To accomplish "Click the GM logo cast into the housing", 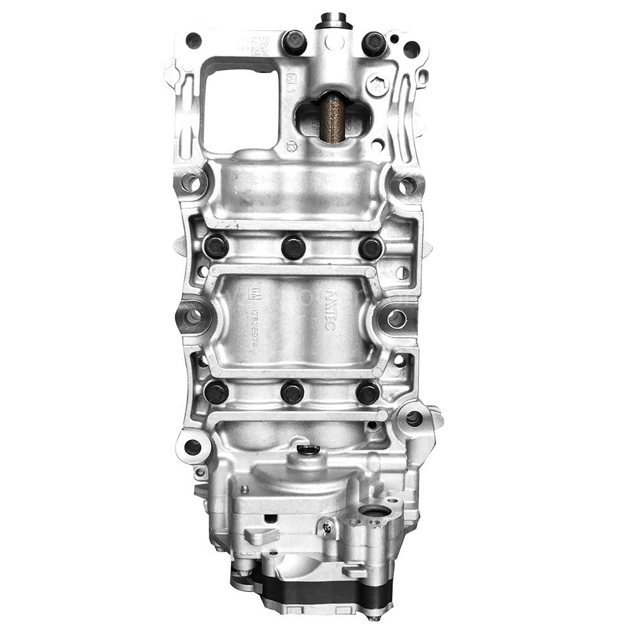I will click(255, 293).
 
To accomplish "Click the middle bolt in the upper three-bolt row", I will click(293, 247).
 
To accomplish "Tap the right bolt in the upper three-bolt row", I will click(370, 247).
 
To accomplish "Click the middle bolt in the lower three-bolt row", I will click(292, 392).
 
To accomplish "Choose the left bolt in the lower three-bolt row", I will click(216, 392).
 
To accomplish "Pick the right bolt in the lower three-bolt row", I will click(368, 392).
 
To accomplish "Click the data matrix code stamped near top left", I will click(259, 45).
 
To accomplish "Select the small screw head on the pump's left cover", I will click(244, 489).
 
